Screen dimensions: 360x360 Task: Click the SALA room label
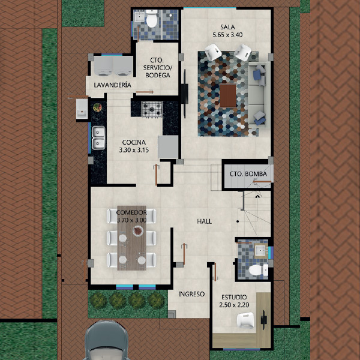[x=227, y=27]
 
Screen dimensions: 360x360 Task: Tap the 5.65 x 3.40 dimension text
[x=227, y=35]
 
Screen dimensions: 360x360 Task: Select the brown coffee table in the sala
[x=228, y=95]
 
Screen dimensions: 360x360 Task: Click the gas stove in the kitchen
[x=152, y=109]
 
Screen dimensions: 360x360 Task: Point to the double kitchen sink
[x=98, y=138]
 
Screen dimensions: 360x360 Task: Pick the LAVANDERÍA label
[x=113, y=85]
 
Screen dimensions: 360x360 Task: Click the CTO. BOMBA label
[x=248, y=174]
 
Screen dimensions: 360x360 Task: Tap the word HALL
[x=205, y=221]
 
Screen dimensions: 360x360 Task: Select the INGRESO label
[x=192, y=294]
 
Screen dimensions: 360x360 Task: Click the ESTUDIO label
[x=234, y=298]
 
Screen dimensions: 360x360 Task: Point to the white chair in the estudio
[x=245, y=320]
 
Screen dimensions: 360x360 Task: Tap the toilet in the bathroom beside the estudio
[x=258, y=270]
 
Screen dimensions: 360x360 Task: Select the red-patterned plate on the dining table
[x=138, y=231]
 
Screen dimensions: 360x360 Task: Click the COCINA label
[x=134, y=142]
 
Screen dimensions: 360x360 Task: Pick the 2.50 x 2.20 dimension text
[x=234, y=305]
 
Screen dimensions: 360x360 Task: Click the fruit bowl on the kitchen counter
[x=98, y=107]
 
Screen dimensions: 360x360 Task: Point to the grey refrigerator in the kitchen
[x=168, y=147]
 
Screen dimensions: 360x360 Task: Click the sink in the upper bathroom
[x=139, y=16]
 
